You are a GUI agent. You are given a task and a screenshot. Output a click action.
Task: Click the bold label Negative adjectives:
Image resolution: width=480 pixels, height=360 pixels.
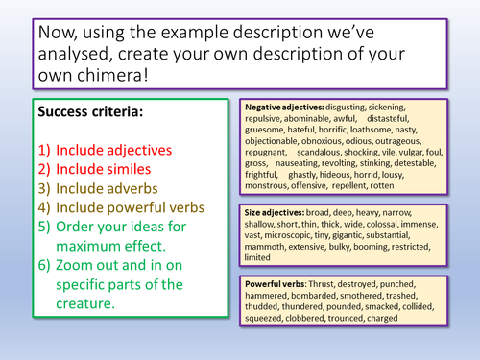point(284,107)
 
